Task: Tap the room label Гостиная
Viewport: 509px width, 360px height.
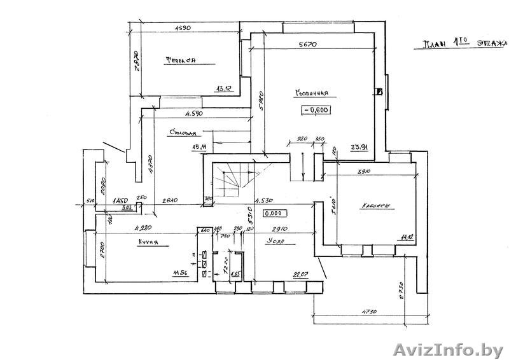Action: [311, 93]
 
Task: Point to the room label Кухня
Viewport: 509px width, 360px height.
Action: [148, 242]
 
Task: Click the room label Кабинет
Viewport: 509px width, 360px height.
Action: [375, 206]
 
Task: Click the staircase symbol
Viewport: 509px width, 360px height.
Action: [232, 180]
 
